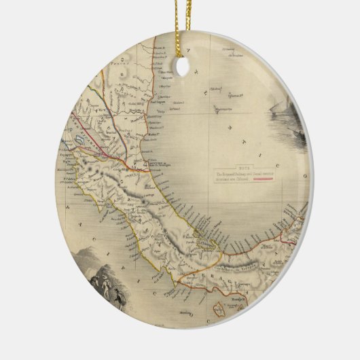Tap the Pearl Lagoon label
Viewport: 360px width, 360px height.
coord(165,98)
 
